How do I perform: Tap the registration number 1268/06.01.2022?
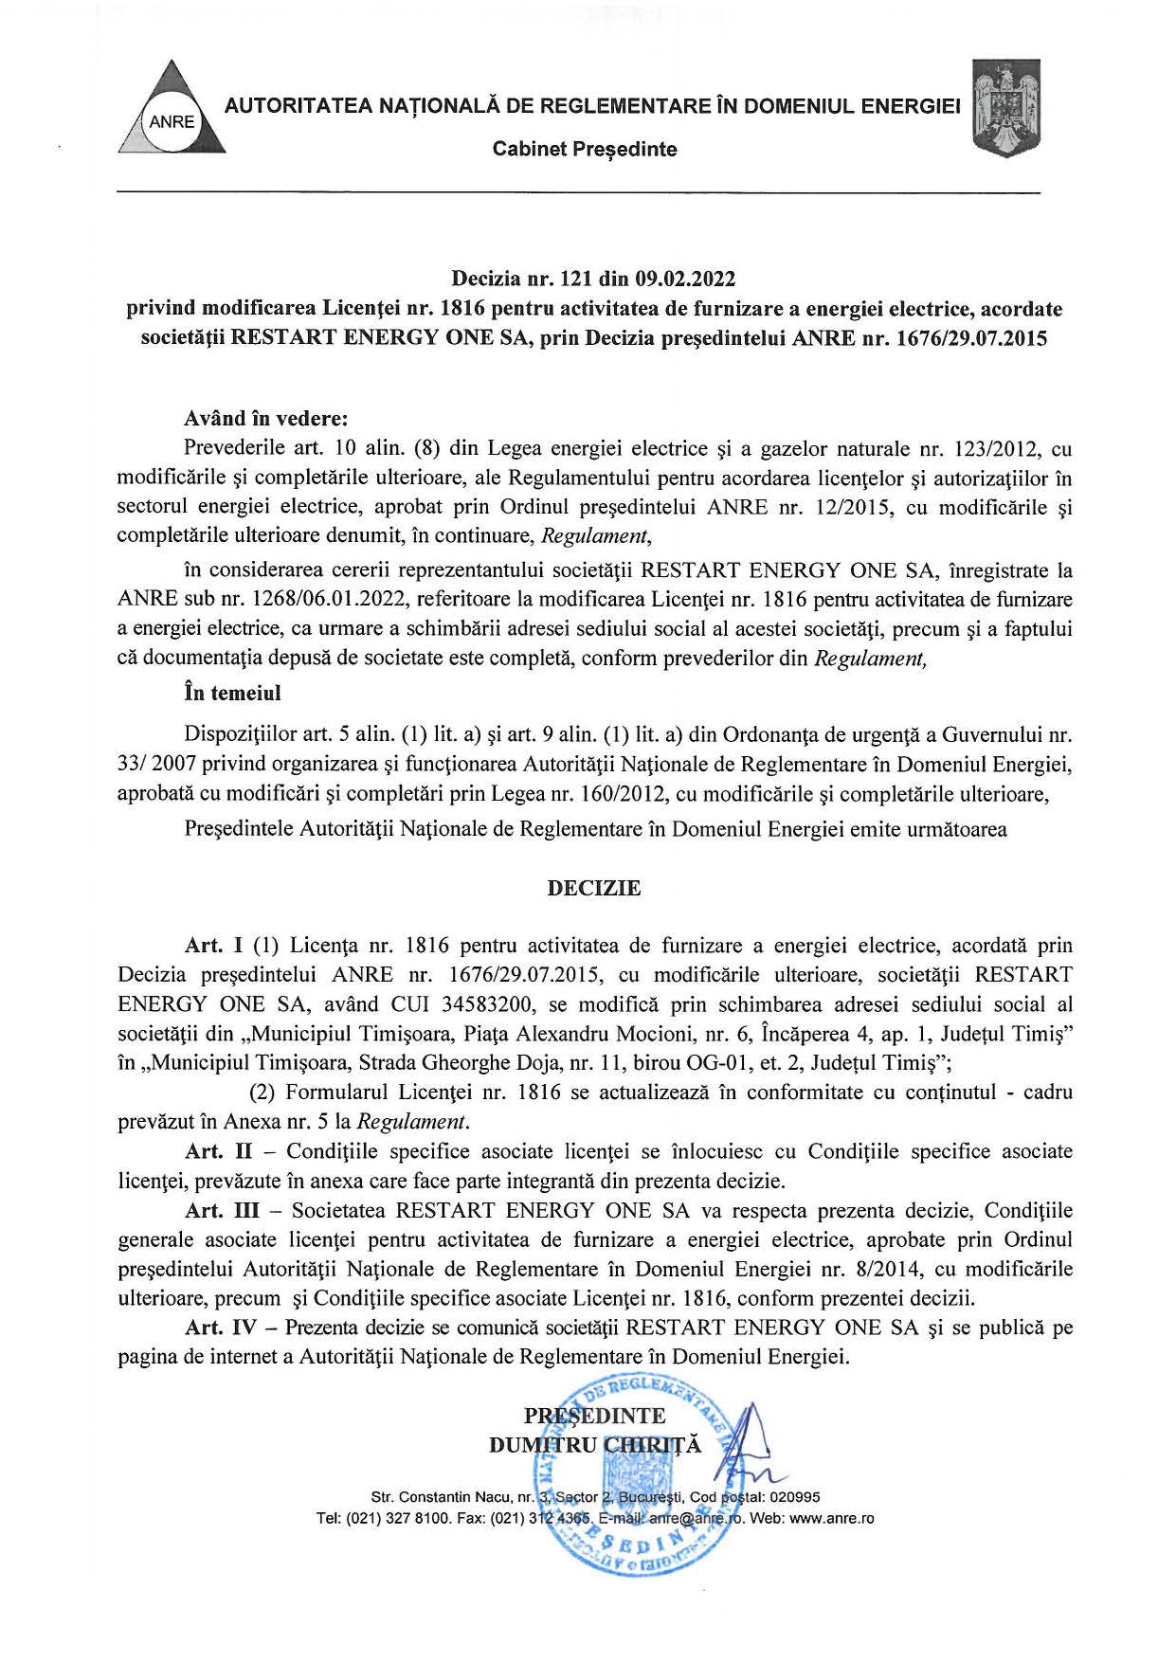[309, 599]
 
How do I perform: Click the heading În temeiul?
[232, 693]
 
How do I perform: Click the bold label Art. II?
[217, 1151]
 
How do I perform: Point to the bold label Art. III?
[221, 1210]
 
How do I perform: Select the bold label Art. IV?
[221, 1328]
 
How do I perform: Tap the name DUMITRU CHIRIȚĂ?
[594, 1445]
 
